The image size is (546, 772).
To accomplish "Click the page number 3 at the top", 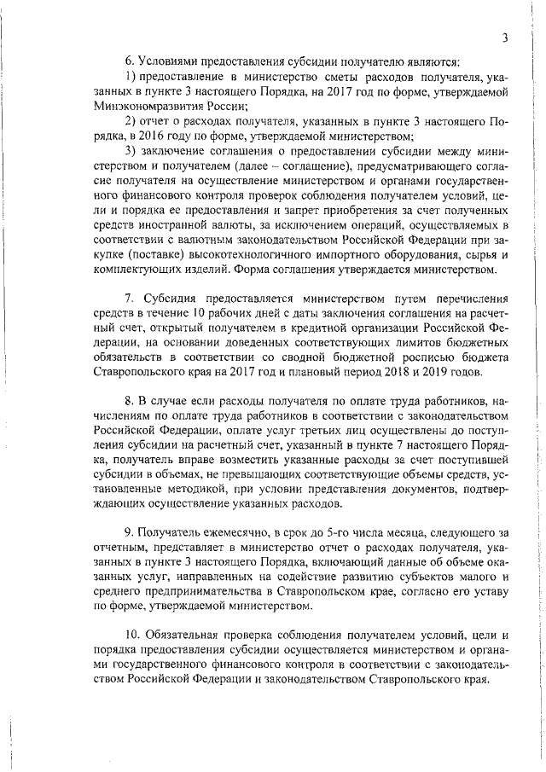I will [506, 37].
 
